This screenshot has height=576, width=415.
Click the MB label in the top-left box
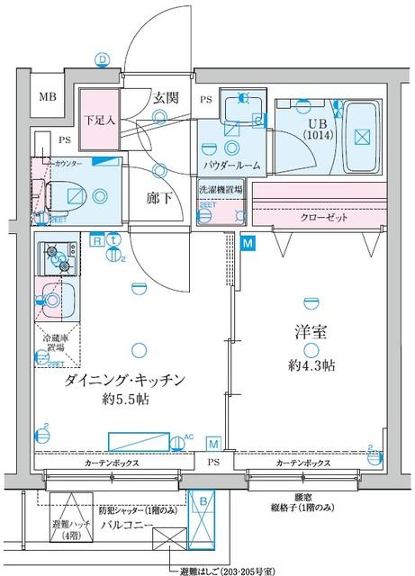click(x=44, y=100)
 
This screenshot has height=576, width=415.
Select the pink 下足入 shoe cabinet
click(x=98, y=120)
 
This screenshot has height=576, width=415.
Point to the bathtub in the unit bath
click(x=361, y=137)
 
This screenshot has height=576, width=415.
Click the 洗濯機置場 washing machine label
click(x=222, y=191)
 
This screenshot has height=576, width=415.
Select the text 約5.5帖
click(x=124, y=399)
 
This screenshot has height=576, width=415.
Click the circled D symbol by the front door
click(x=103, y=60)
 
